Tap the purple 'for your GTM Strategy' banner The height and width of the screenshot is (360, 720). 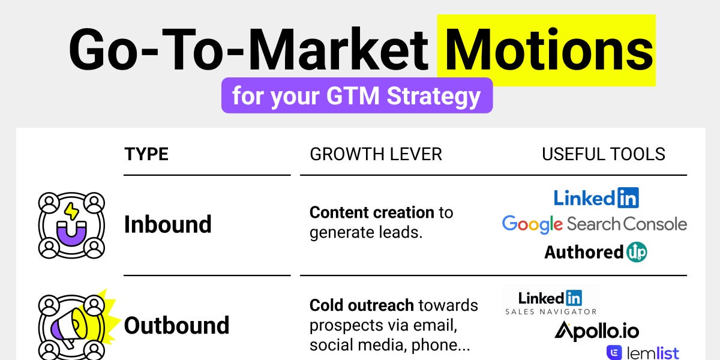point(356,96)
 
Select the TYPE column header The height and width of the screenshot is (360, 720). point(146,154)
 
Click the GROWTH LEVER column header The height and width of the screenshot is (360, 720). point(376,154)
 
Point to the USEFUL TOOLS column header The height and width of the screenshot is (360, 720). point(603,154)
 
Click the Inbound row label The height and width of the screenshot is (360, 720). point(168,224)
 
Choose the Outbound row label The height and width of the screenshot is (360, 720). point(176,326)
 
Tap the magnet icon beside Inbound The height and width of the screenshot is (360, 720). point(71,225)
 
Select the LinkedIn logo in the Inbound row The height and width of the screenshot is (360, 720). point(596,197)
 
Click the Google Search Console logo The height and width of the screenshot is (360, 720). point(594,224)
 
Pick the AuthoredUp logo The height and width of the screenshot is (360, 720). point(595,252)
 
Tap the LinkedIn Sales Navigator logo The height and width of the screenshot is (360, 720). point(550,302)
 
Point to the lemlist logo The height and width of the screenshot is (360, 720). point(643,353)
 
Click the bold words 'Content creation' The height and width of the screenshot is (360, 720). point(371,212)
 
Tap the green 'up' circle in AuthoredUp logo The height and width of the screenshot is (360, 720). point(636,252)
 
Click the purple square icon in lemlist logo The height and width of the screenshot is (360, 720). point(614,353)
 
